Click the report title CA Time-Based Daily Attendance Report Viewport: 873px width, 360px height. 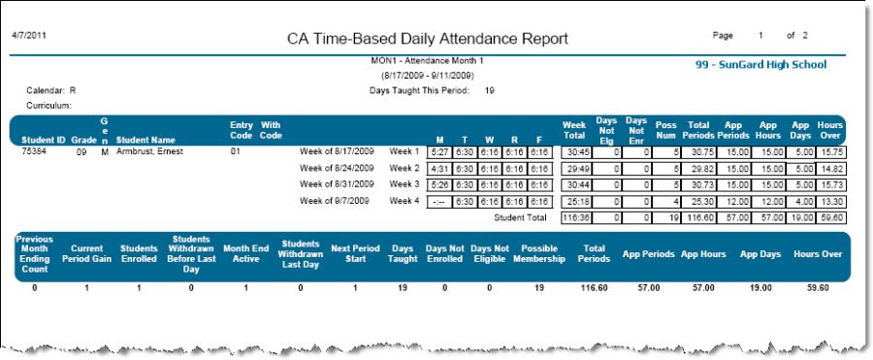pyautogui.click(x=427, y=39)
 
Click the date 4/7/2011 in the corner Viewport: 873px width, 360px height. pyautogui.click(x=28, y=35)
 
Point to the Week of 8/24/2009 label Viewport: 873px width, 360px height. pyautogui.click(x=337, y=169)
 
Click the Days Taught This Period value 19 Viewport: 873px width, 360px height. pyautogui.click(x=490, y=90)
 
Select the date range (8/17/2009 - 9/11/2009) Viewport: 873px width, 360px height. pyautogui.click(x=427, y=75)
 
